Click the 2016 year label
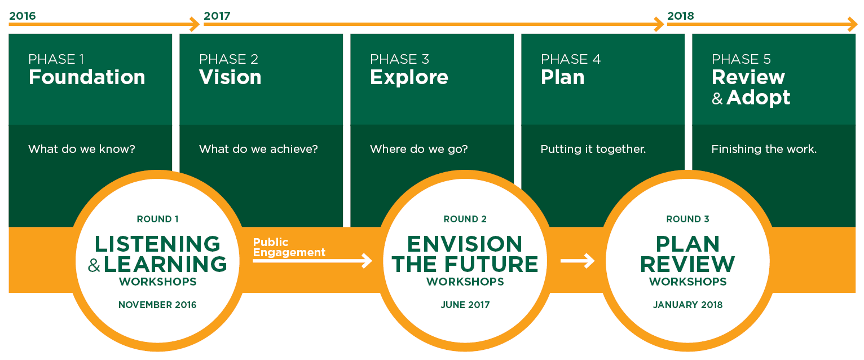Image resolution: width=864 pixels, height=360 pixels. pos(23,16)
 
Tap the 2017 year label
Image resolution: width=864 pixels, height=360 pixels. pos(217,16)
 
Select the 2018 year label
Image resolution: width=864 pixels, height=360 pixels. pos(680,16)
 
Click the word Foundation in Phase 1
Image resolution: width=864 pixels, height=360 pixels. pos(87,77)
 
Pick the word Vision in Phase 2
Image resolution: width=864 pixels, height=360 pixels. pos(230,77)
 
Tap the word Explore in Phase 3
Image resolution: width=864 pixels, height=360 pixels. pos(409,77)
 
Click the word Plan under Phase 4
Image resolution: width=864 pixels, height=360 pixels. pos(562,77)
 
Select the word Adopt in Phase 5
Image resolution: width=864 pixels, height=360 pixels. pos(759,98)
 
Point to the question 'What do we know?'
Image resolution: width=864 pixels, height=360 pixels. pos(82,149)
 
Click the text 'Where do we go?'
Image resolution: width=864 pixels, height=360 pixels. pos(419,150)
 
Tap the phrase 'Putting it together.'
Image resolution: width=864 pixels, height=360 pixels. pos(593,150)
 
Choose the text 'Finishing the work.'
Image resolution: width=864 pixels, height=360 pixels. pos(764,150)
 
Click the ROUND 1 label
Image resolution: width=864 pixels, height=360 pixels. pos(157,219)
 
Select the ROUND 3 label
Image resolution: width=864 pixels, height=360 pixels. pos(687,219)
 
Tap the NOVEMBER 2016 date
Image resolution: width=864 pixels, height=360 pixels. pos(157,305)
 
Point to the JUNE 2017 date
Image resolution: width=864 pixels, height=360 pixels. pos(465,305)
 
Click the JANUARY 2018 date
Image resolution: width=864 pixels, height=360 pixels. pos(687,305)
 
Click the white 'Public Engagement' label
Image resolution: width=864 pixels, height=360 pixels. pos(289,247)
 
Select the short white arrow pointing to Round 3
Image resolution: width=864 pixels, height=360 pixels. pos(578,261)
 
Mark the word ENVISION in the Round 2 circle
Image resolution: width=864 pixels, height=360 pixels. pos(465,244)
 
